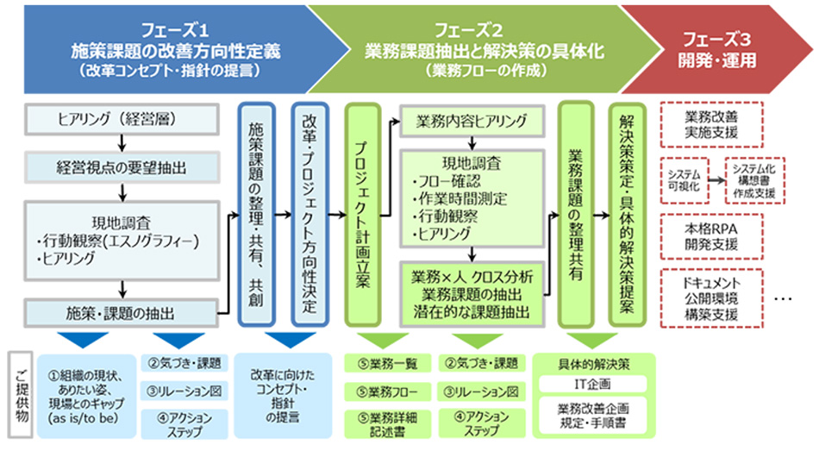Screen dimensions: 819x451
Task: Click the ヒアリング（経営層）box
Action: [x=122, y=119]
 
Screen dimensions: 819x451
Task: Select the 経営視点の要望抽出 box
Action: [x=122, y=167]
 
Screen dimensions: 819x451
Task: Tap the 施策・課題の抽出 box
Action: [x=122, y=313]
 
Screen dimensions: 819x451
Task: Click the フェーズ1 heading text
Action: [x=176, y=30]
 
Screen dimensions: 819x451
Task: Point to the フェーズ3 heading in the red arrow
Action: [x=717, y=39]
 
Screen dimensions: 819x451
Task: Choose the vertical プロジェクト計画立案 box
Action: [x=362, y=214]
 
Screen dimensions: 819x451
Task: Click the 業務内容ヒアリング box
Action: [x=472, y=121]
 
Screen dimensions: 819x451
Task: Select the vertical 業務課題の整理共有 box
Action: [x=576, y=214]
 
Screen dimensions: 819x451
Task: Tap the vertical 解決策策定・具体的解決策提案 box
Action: [x=628, y=214]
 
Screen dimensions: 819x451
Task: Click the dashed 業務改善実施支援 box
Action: [x=711, y=125]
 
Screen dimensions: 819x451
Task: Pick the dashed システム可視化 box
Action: [x=685, y=180]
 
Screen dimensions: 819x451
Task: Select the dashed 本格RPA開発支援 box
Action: [x=711, y=237]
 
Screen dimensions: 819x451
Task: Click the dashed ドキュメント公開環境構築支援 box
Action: [x=711, y=298]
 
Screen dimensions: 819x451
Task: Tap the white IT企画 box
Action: [x=592, y=384]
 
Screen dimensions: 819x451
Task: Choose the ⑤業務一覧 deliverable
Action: [x=388, y=363]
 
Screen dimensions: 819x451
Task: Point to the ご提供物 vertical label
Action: [x=21, y=395]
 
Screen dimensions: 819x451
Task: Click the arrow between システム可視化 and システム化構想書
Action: [x=717, y=180]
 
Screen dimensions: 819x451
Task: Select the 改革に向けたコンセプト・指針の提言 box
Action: [x=283, y=396]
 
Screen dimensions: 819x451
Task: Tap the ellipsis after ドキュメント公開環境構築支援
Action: [x=783, y=299]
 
